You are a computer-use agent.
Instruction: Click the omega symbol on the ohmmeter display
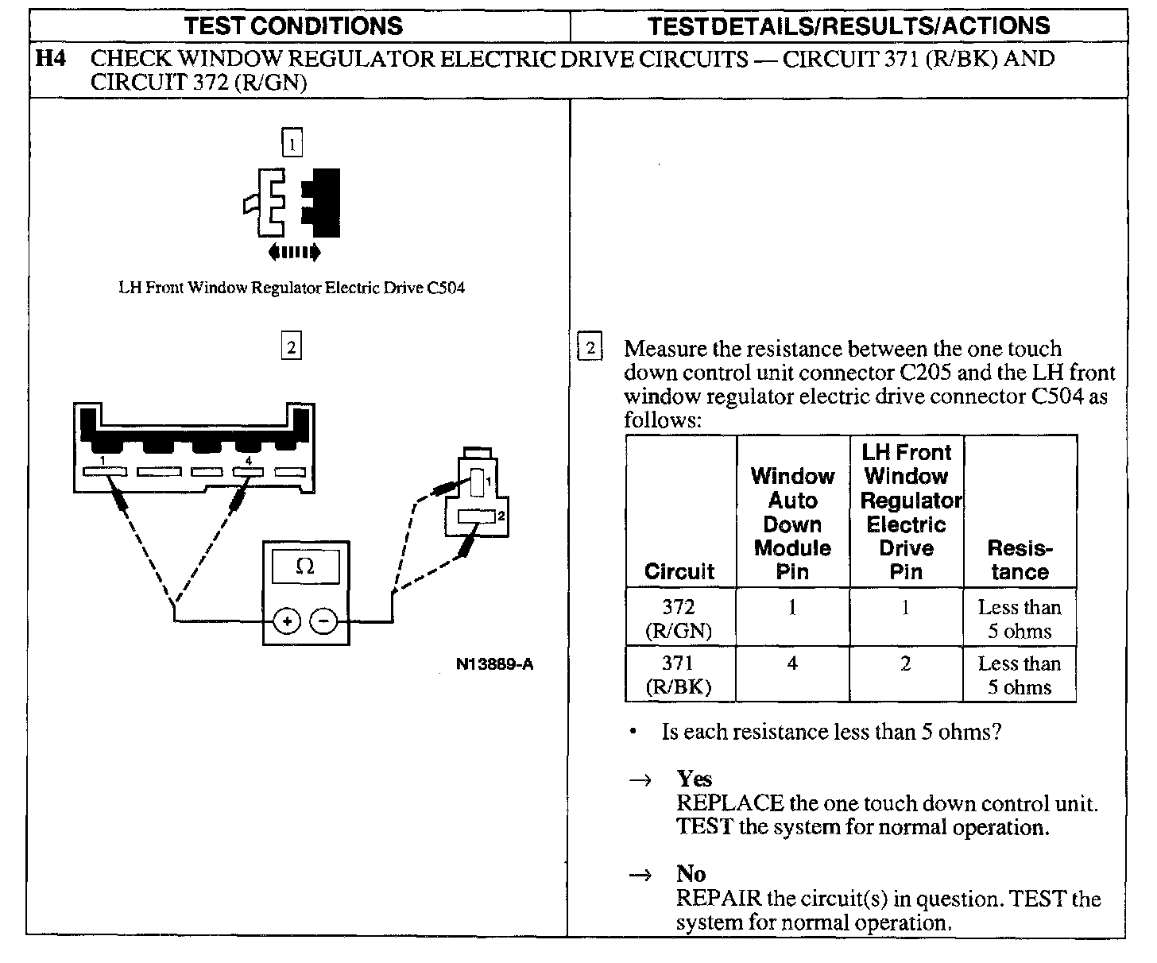[305, 567]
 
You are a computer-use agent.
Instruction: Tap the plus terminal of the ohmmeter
[287, 621]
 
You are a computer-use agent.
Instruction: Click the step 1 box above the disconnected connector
[292, 144]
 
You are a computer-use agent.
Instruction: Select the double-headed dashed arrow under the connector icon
[294, 253]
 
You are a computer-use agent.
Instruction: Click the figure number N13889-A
[494, 664]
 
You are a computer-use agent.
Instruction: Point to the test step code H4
[52, 59]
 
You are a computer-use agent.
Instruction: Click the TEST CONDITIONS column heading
[293, 25]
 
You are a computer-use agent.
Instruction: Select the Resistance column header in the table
[1020, 559]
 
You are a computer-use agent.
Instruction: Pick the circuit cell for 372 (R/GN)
[679, 618]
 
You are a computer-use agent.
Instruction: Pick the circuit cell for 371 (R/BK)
[679, 675]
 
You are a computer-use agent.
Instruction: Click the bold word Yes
[694, 779]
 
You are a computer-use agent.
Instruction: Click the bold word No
[691, 874]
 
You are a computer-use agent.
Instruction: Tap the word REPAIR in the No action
[718, 899]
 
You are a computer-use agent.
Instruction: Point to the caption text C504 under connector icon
[446, 288]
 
